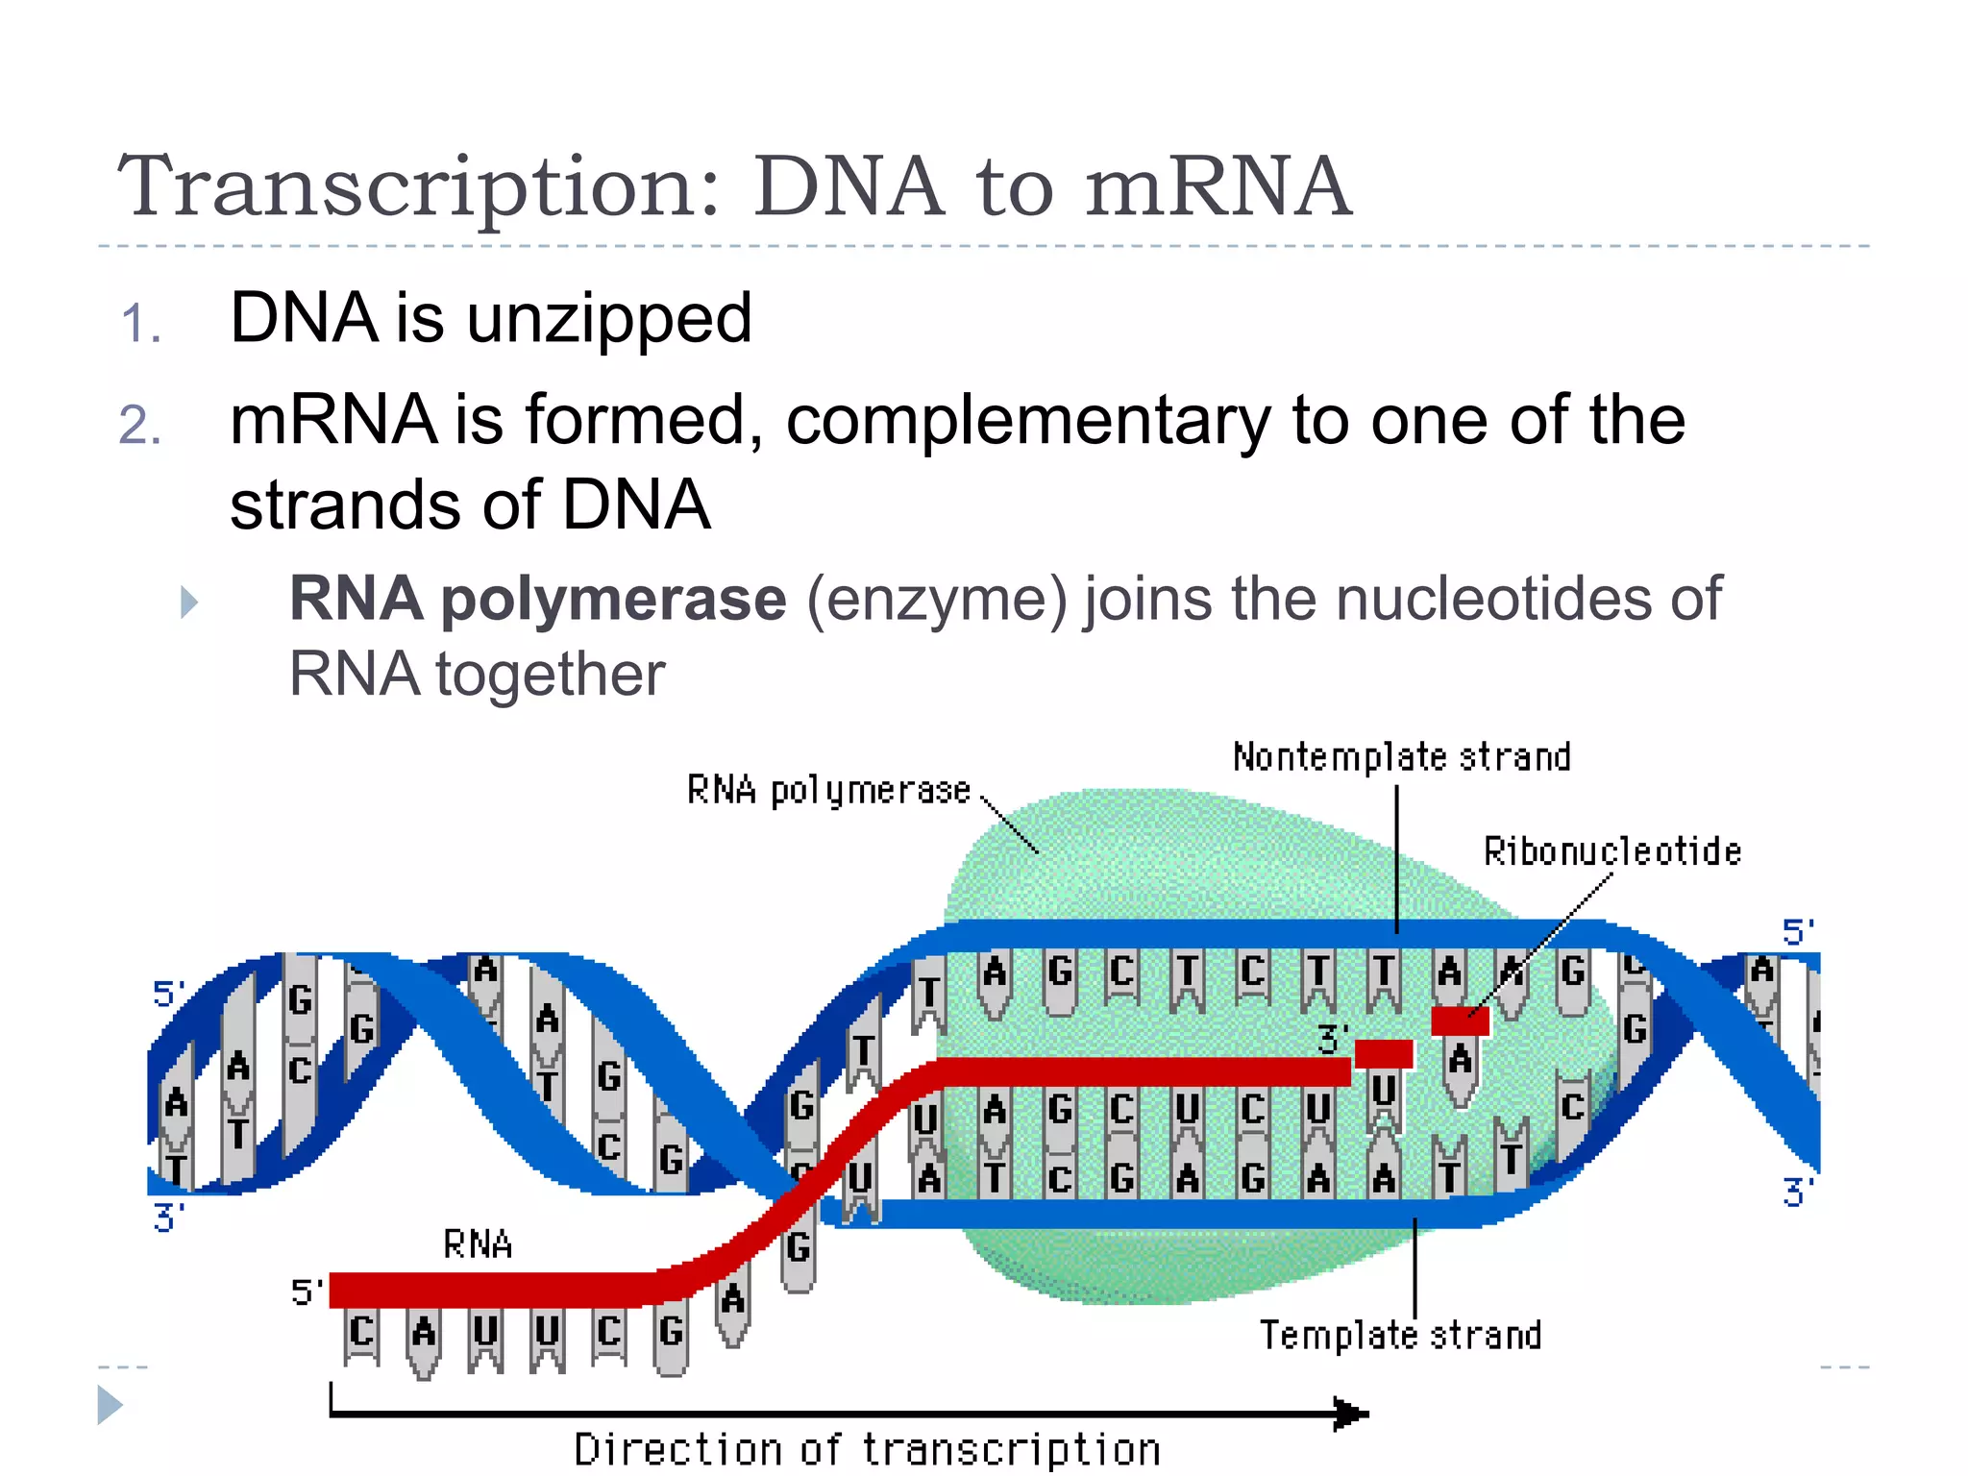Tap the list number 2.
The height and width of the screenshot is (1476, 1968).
click(x=139, y=425)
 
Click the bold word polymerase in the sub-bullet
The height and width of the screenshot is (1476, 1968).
click(x=613, y=599)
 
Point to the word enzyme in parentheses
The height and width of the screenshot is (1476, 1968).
click(x=937, y=599)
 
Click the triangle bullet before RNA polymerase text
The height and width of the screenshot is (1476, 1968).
click(x=189, y=603)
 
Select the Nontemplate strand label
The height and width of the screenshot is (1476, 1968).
click(x=1401, y=757)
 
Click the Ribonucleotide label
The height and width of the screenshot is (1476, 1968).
click(x=1611, y=851)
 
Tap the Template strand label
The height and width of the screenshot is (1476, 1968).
click(x=1400, y=1335)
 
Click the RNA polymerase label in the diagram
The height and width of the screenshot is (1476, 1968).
click(x=828, y=790)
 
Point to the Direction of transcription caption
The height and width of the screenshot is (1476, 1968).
click(x=867, y=1449)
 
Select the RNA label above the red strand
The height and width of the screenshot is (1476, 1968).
click(x=478, y=1245)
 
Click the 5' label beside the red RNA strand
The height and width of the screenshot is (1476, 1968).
click(x=306, y=1291)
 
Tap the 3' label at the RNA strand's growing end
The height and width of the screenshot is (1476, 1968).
click(x=1332, y=1039)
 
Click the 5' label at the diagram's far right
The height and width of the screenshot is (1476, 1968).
click(x=1798, y=932)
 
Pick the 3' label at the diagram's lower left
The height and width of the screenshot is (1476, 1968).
click(x=168, y=1218)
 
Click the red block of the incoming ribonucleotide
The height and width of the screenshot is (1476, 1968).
click(x=1460, y=1021)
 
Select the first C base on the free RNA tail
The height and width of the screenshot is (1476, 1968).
click(x=361, y=1332)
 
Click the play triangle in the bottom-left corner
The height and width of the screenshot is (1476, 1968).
click(x=110, y=1405)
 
